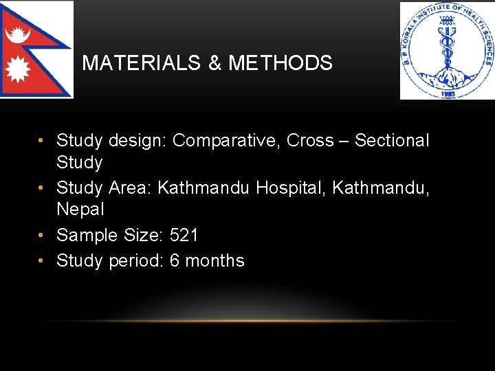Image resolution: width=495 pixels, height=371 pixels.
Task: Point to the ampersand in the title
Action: click(x=214, y=63)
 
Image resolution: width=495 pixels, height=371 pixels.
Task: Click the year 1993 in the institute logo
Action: click(x=448, y=93)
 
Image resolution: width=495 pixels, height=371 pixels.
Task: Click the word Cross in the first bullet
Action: click(x=310, y=141)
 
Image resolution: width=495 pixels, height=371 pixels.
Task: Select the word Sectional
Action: click(x=392, y=141)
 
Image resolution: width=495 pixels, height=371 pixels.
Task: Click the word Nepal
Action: click(x=80, y=209)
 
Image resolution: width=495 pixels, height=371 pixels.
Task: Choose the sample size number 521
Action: click(x=184, y=235)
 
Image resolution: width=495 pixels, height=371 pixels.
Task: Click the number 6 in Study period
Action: click(x=175, y=261)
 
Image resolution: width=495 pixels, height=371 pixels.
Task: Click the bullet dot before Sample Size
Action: click(x=43, y=235)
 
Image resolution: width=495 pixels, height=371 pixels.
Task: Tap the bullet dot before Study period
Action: click(x=43, y=261)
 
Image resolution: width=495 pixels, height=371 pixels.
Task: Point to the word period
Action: click(x=136, y=261)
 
